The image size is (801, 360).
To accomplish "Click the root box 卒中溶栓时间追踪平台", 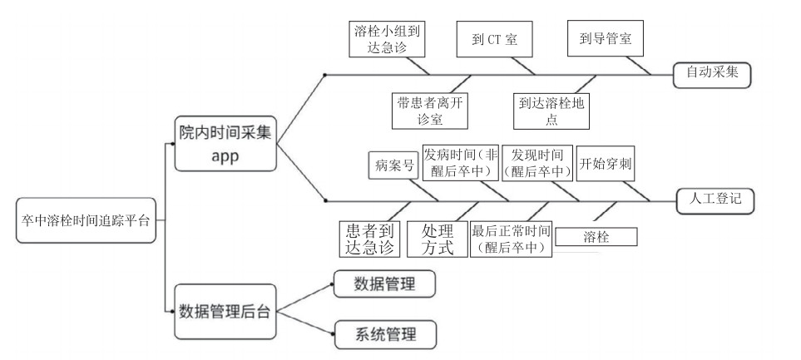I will coord(86,220).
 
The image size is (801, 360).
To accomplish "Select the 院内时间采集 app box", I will coord(225,145).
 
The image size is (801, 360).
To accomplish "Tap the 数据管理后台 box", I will coord(225,312).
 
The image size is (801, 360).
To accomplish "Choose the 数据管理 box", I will coord(384,284).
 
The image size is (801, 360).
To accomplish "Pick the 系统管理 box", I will coord(384,335).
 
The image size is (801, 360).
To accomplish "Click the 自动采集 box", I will coord(712,73).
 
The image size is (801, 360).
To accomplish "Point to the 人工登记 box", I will coord(714,200).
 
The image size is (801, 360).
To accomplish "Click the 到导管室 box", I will coord(606,38).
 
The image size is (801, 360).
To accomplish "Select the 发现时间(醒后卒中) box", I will coord(537,163).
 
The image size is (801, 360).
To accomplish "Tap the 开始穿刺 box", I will coord(606,164).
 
